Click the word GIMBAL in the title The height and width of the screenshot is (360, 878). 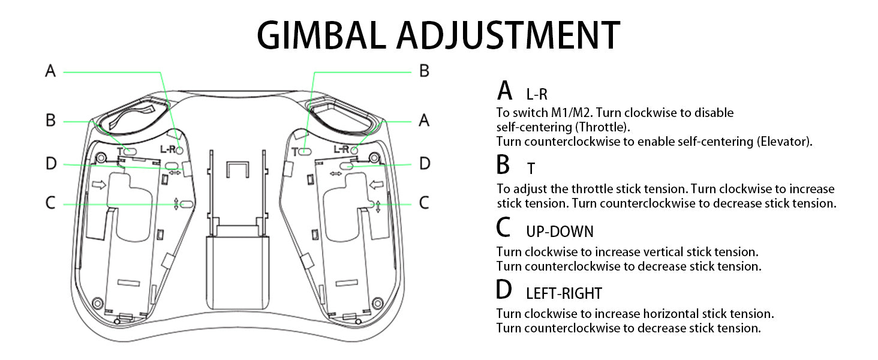[323, 35]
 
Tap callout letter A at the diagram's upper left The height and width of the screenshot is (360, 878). [50, 71]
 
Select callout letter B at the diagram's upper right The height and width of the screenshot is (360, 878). [424, 71]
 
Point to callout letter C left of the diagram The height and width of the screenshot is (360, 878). [50, 203]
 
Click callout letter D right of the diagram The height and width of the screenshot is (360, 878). [424, 164]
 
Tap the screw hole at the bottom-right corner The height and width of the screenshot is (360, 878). [377, 301]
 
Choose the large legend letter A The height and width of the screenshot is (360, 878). [505, 91]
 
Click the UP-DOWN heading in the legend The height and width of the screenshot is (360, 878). [560, 232]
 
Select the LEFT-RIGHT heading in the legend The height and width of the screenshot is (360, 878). [564, 293]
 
